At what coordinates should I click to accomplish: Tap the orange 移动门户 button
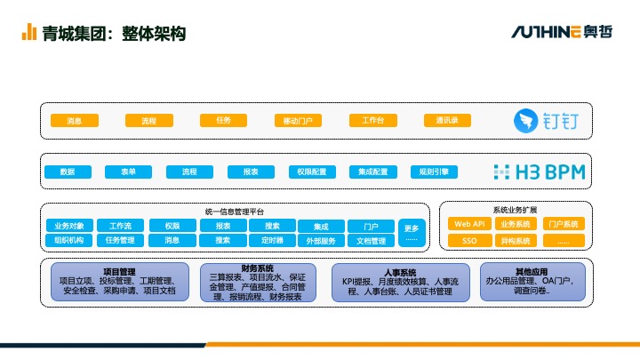(x=297, y=120)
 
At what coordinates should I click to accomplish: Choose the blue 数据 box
(x=68, y=172)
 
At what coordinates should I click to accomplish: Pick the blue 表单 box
(x=127, y=172)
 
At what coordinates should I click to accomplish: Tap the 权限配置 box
(x=311, y=172)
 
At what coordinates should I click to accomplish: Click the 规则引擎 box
(x=434, y=172)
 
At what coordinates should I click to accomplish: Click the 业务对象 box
(x=68, y=226)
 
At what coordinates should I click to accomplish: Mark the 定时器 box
(x=272, y=240)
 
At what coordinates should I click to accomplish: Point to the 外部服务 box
(x=321, y=241)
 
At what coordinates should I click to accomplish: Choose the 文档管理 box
(x=371, y=241)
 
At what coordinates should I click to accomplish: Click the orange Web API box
(x=468, y=224)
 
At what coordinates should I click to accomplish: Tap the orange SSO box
(x=468, y=240)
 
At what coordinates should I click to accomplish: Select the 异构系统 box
(x=515, y=240)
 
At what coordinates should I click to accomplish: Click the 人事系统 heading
(x=400, y=273)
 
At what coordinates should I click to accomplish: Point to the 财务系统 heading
(x=257, y=268)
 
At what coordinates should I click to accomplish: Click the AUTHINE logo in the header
(x=546, y=32)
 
